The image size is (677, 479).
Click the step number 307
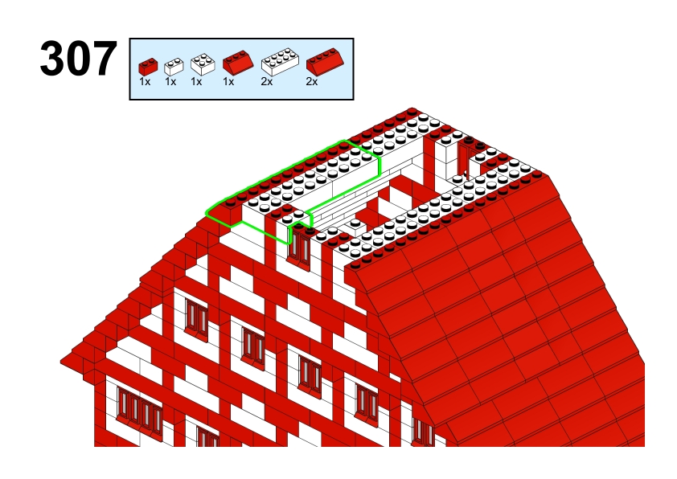coord(79,59)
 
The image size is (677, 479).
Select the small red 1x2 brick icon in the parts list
coord(148,67)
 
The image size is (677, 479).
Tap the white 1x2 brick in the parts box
coord(174,67)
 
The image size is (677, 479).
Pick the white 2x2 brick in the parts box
coord(203,65)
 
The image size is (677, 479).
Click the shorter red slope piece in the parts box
coord(238,63)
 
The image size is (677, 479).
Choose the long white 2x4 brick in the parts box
coord(280,62)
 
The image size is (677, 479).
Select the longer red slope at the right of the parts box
coord(325,62)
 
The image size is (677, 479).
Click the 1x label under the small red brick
coord(145,81)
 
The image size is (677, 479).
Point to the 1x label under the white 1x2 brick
coord(170,81)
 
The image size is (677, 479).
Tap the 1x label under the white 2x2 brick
coord(196,81)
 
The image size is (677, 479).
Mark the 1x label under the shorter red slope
coord(228,81)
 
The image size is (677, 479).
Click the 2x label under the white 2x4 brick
coord(267,81)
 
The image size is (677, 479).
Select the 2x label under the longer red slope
coord(312,81)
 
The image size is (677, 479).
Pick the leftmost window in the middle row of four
coord(197,318)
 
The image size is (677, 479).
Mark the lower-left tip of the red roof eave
coord(60,361)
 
